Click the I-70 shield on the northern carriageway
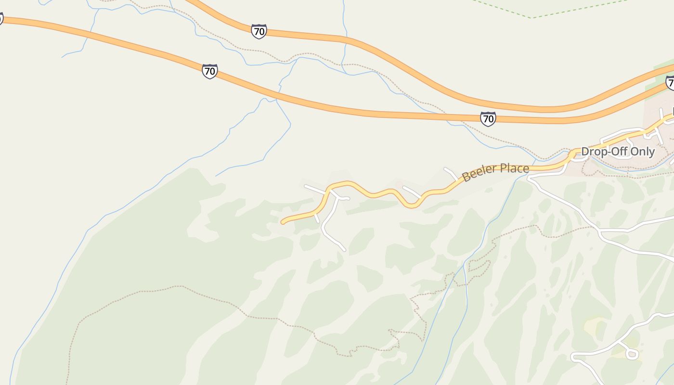point(259,32)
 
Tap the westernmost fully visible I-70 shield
point(209,71)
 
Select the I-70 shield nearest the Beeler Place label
point(488,118)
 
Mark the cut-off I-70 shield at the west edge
point(1,19)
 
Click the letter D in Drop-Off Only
point(585,152)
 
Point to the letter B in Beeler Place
point(466,177)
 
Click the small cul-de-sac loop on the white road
point(632,354)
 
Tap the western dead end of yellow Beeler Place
point(283,222)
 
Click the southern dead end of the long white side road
point(344,249)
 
